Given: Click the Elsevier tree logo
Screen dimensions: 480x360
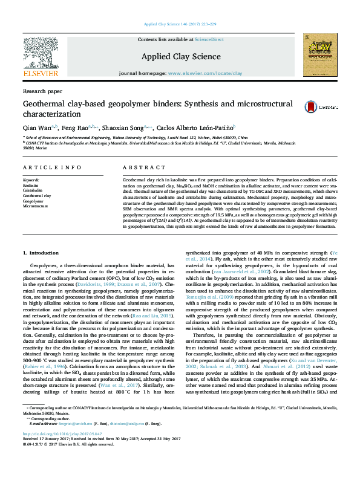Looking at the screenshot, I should coord(40,52).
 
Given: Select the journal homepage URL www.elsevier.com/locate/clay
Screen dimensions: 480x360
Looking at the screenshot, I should coord(205,73).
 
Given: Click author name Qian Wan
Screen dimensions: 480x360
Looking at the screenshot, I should coord(36,128).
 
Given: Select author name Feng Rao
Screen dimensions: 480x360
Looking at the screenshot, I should coord(74,128).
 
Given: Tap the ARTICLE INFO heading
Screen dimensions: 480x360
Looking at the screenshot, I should coord(52,167).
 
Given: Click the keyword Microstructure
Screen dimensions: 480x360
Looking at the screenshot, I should coord(35,206).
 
